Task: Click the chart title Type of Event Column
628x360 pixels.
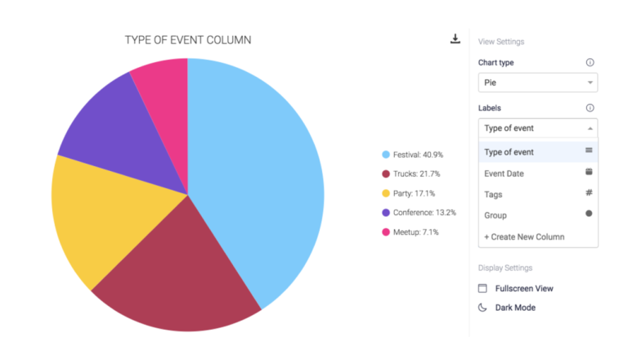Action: [x=187, y=39]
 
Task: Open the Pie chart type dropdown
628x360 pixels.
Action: [x=537, y=83]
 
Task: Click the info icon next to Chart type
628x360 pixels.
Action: [x=590, y=62]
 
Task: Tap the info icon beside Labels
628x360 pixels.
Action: [x=590, y=108]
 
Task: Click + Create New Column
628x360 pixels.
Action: [x=524, y=236]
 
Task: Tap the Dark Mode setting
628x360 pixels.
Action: [x=514, y=308]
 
